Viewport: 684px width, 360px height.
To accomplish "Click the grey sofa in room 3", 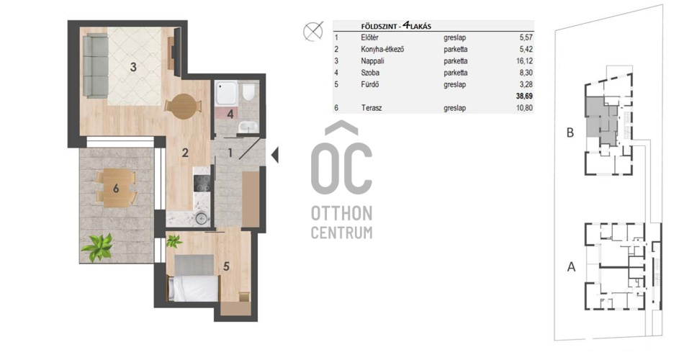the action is click(x=95, y=66).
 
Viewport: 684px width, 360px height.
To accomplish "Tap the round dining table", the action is click(x=183, y=107).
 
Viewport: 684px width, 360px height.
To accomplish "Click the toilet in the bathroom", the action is click(x=248, y=91).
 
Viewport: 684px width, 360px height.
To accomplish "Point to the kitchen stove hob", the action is click(x=202, y=183).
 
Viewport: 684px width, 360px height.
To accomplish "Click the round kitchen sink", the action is click(x=202, y=217).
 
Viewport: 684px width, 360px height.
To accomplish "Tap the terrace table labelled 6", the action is click(x=116, y=188).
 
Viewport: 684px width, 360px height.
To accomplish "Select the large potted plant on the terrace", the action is click(x=98, y=248).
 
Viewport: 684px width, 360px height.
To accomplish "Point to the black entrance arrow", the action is click(x=275, y=155).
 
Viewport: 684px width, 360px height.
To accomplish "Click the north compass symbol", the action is click(x=312, y=32).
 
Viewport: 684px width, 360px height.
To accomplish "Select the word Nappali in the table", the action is click(x=372, y=61).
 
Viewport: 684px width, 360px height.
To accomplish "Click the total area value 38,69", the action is click(x=524, y=96).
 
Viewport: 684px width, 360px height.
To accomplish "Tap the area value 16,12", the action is click(x=524, y=61).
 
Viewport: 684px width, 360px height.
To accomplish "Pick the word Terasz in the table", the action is click(x=372, y=108).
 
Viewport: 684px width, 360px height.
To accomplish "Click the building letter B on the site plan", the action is click(x=570, y=132).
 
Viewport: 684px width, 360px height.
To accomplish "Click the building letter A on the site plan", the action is click(x=571, y=266).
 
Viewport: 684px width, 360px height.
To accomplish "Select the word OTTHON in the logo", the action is click(x=341, y=214).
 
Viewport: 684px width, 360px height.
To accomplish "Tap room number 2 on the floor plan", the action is click(x=185, y=153).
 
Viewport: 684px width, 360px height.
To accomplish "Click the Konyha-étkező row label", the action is click(x=382, y=49).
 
